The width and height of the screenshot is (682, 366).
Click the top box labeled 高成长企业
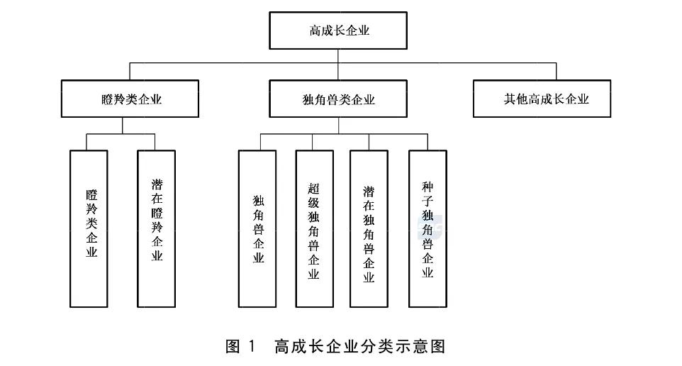[338, 30]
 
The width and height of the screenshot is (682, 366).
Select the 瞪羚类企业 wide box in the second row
[130, 99]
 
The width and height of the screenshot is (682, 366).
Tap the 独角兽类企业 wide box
[338, 99]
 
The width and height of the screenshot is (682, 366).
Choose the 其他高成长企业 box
[542, 99]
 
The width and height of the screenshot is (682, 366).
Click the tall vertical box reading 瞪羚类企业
[89, 229]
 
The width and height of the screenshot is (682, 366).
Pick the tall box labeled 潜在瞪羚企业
[157, 229]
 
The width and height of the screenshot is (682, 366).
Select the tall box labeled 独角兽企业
[257, 229]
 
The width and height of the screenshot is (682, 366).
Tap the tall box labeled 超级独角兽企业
[315, 229]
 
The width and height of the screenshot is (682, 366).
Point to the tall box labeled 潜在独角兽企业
[369, 229]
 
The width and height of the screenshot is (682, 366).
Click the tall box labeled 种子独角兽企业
[427, 229]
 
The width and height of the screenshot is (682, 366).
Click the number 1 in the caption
[252, 346]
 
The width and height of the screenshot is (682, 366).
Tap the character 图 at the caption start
[233, 346]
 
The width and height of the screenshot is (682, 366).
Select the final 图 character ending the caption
[438, 346]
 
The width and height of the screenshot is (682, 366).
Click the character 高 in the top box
[315, 30]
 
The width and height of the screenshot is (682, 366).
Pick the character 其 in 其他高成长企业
[509, 99]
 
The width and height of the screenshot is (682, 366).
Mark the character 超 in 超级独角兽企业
[313, 189]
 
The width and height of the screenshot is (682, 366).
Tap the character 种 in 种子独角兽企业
[427, 187]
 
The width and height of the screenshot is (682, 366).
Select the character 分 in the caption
[367, 346]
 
